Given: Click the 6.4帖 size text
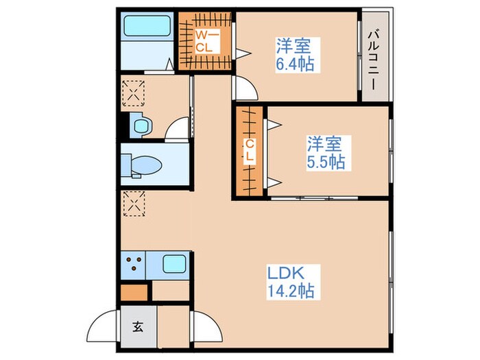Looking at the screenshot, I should tap(295, 66).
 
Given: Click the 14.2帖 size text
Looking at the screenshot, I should tap(291, 291).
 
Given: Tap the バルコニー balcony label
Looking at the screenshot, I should tap(374, 55).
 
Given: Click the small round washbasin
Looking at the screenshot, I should tap(141, 125).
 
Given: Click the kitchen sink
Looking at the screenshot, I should tap(173, 264).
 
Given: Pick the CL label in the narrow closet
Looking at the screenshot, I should tap(250, 151).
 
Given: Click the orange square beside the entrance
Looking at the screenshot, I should tap(134, 291).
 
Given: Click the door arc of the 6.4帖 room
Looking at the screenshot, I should tap(245, 88).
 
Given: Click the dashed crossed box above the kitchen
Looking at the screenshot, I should tap(134, 203).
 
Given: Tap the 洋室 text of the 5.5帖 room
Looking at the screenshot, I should tap(324, 144).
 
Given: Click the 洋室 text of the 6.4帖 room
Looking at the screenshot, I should tap(294, 47).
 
